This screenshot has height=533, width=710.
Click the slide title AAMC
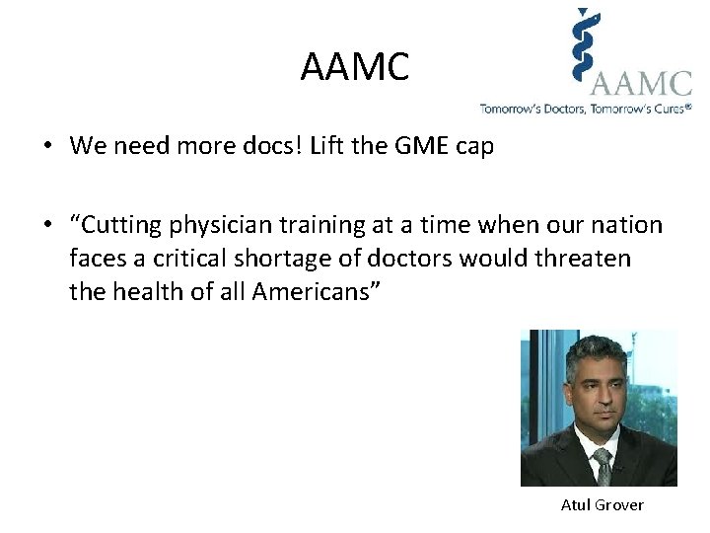(x=354, y=68)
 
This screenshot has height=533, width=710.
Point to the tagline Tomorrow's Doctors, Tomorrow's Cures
(x=586, y=109)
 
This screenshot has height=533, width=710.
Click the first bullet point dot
(x=47, y=147)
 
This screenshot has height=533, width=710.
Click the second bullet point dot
(x=47, y=226)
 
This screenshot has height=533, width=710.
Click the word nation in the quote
(x=628, y=225)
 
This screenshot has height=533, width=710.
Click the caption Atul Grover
(x=602, y=504)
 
